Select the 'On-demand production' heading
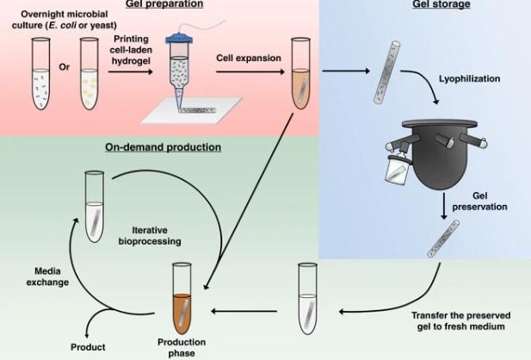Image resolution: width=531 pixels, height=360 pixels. click(164, 147)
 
